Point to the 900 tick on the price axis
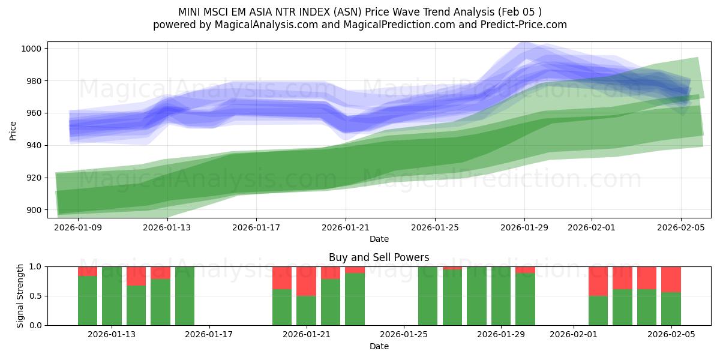click(34, 210)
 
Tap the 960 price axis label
click(34, 113)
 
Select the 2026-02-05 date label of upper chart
click(680, 227)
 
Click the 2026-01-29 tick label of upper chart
click(524, 227)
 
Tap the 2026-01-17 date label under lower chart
click(209, 335)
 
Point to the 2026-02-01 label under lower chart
click(574, 335)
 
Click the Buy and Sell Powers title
click(379, 257)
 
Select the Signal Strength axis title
click(20, 295)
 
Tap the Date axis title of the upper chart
click(379, 239)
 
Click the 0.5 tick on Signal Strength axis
click(35, 296)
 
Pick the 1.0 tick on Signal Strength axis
click(35, 266)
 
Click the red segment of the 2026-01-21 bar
click(306, 281)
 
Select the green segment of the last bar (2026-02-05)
click(671, 308)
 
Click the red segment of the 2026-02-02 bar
click(598, 281)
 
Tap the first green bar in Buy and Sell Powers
click(88, 300)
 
